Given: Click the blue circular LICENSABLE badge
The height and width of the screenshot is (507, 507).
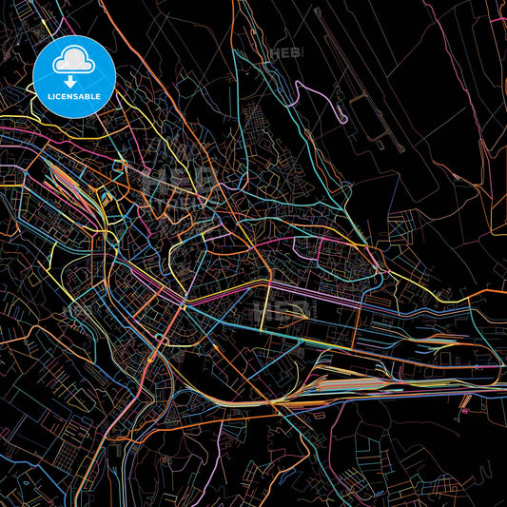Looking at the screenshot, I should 74,76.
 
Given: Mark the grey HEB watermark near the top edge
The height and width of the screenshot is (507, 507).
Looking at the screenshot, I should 284,54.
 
